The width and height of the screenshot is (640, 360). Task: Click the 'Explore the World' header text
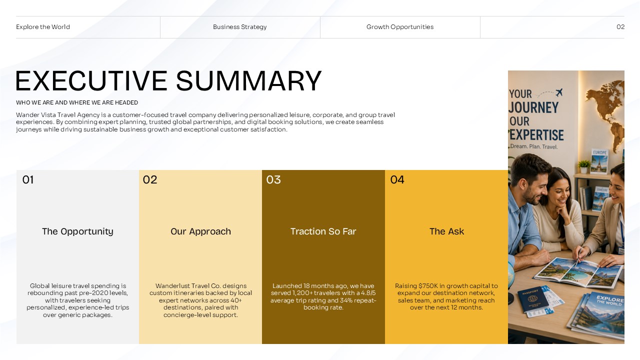[43, 27]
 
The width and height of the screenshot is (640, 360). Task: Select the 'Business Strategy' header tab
[239, 27]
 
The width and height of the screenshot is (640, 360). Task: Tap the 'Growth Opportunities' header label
[400, 27]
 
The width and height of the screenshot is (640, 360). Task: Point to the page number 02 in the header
[620, 27]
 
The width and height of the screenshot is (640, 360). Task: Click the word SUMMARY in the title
[248, 81]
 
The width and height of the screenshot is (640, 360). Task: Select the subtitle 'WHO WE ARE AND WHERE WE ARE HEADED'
[77, 102]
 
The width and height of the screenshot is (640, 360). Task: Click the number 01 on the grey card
[28, 179]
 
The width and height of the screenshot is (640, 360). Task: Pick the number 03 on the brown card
[273, 179]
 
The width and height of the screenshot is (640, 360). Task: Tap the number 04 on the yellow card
[397, 179]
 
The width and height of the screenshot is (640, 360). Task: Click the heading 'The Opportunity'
[77, 231]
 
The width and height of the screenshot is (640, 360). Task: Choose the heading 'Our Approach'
[200, 231]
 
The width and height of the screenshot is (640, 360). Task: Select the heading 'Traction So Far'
[323, 231]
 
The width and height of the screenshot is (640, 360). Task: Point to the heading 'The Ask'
[446, 231]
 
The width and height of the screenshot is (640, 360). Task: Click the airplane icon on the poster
[559, 92]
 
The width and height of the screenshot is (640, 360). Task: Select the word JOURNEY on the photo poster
[533, 107]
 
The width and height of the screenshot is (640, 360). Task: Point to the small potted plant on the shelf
[584, 166]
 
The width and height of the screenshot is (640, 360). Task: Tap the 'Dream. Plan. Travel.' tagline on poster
[533, 146]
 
